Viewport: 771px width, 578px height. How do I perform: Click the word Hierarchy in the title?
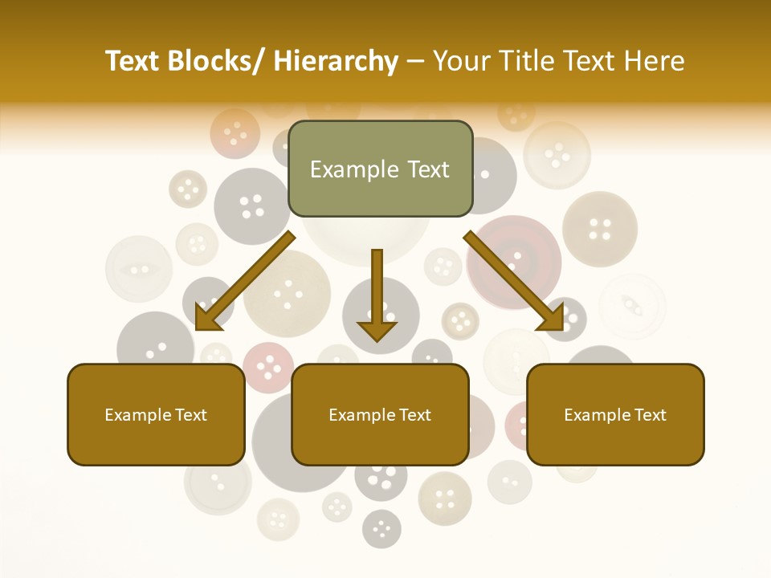coord(336,61)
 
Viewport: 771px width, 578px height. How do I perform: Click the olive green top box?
coord(380,169)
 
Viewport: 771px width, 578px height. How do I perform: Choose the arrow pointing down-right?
coord(514,281)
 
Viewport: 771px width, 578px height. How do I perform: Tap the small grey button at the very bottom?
coord(381,528)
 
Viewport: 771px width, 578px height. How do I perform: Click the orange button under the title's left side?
coord(235,132)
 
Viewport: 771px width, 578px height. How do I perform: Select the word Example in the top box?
coord(354,169)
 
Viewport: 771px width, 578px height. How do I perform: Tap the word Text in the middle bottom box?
coord(413,415)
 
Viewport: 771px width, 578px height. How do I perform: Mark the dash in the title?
coord(415,63)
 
